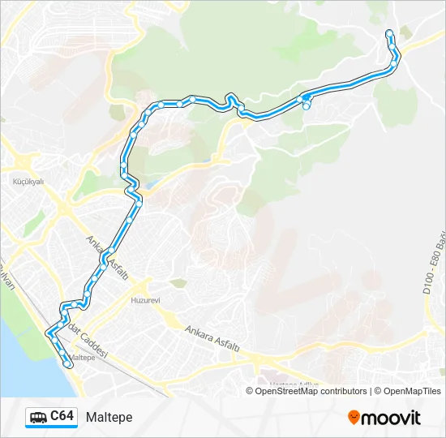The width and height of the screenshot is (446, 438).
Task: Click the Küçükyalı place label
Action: (x=28, y=182)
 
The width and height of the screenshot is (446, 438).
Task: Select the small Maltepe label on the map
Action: (x=84, y=357)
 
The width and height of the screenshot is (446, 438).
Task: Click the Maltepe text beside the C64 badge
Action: (x=108, y=417)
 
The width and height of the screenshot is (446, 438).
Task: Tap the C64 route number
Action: (x=62, y=416)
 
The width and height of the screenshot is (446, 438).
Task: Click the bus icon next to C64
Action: (x=39, y=417)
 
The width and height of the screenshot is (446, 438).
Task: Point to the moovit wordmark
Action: (x=391, y=418)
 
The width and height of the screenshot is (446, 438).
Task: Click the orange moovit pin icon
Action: (x=354, y=417)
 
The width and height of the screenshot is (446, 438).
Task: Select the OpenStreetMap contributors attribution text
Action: (x=307, y=391)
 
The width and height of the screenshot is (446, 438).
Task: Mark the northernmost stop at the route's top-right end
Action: (x=389, y=33)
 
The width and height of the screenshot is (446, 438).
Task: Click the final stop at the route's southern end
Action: (x=68, y=365)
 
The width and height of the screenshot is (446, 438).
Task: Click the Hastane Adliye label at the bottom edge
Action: (x=296, y=382)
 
